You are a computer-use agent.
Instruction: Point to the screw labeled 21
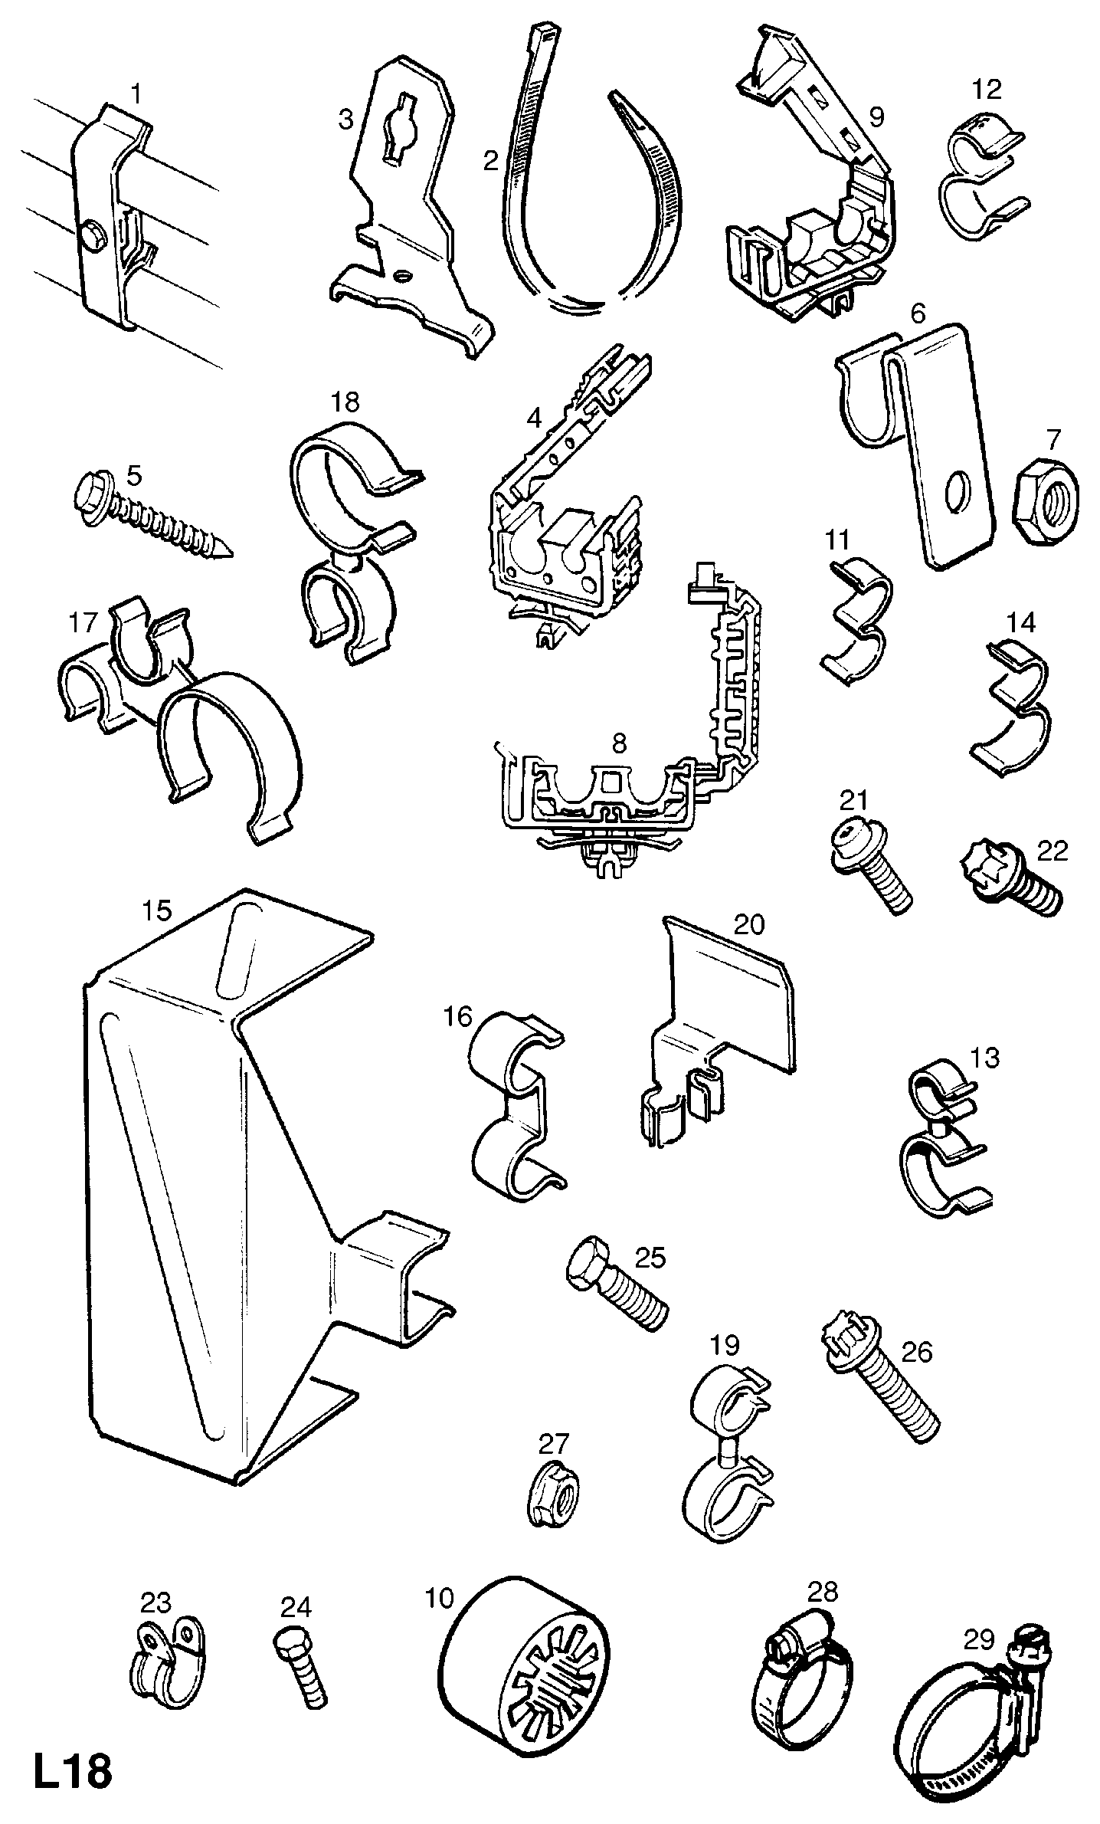pos(872,865)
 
